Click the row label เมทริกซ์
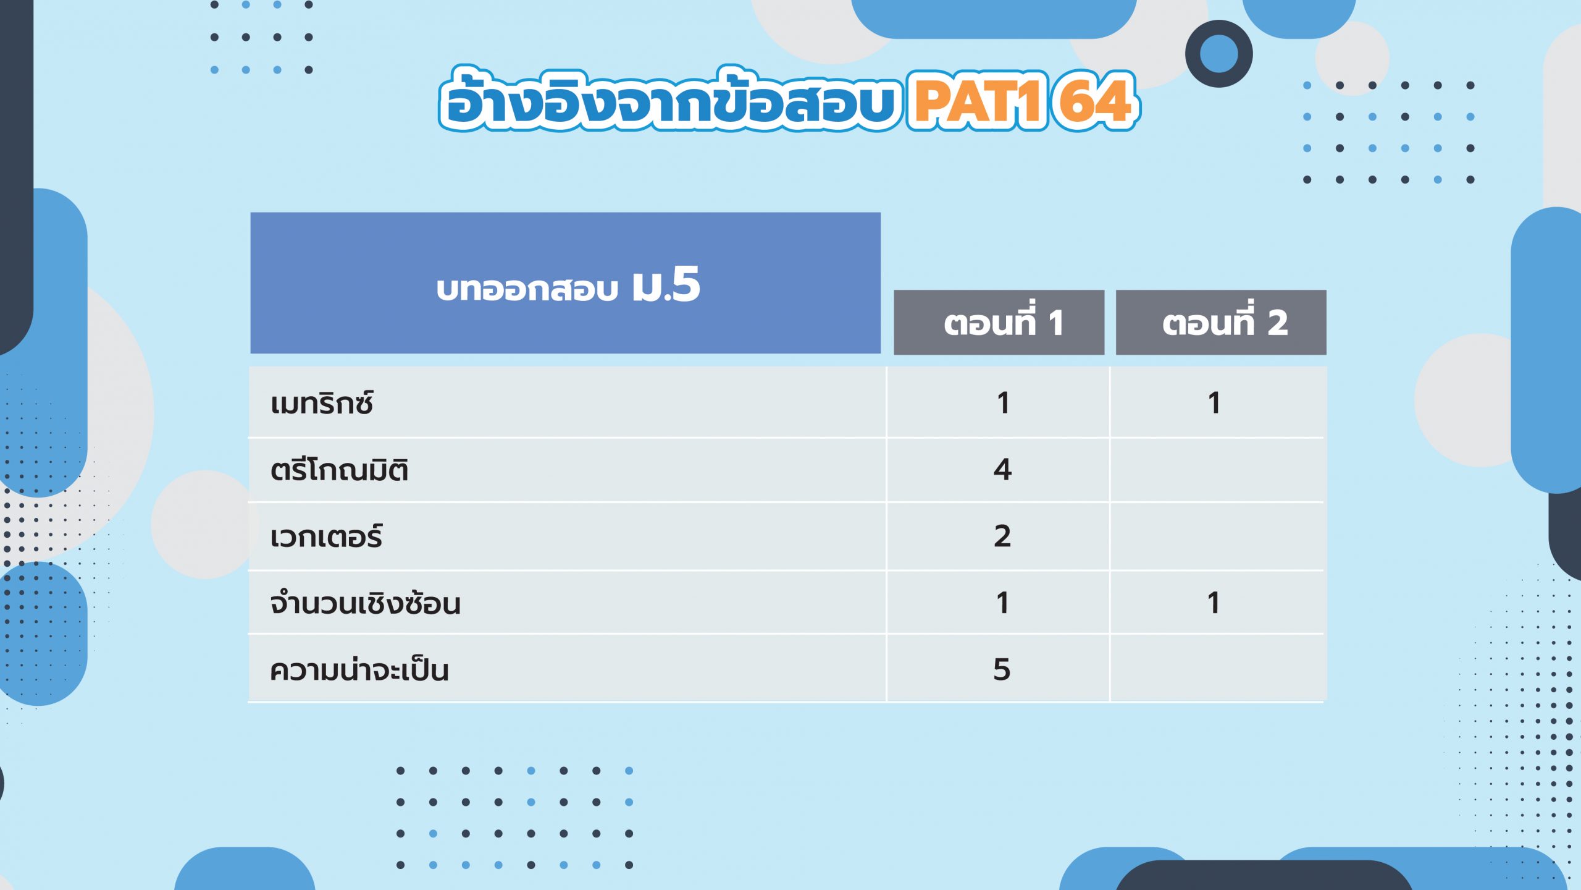point(322,404)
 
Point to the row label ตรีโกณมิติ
point(339,470)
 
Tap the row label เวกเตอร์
point(326,536)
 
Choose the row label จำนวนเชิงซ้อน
point(365,603)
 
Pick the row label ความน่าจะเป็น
point(359,670)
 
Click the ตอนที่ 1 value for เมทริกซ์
point(1003,403)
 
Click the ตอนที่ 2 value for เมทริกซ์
point(1214,403)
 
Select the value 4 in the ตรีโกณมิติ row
point(1002,470)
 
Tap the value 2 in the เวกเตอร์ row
point(1002,536)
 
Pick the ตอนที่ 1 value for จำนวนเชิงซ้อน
point(1003,603)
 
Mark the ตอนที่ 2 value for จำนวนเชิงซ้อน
point(1214,603)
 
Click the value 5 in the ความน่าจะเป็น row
point(1002,669)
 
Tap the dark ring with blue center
point(1218,54)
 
